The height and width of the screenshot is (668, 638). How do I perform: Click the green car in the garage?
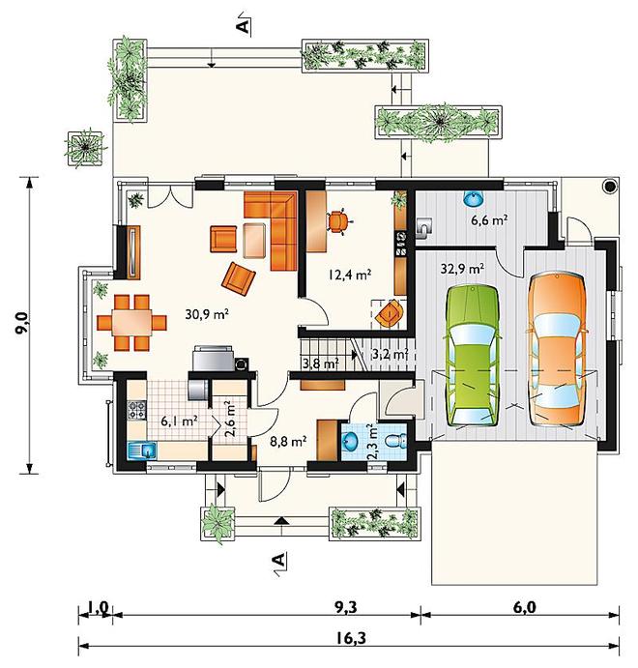click(x=473, y=356)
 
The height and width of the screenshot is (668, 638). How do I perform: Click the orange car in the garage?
click(x=557, y=349)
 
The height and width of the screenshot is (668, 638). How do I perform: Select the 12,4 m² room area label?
click(x=350, y=274)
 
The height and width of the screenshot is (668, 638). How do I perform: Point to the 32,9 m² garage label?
click(x=462, y=269)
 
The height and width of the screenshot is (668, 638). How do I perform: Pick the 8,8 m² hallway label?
click(x=289, y=442)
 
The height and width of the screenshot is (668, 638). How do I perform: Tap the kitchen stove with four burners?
click(x=136, y=410)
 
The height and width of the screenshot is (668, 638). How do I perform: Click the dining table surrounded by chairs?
click(x=131, y=323)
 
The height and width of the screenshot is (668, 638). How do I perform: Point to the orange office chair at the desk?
click(x=338, y=221)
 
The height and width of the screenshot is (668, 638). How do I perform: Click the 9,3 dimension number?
click(x=345, y=607)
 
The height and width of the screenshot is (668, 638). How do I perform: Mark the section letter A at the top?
click(x=243, y=25)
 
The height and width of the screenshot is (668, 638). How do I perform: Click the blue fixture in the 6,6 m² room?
click(x=474, y=198)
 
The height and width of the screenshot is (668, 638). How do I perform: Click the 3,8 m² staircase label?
click(x=320, y=363)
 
